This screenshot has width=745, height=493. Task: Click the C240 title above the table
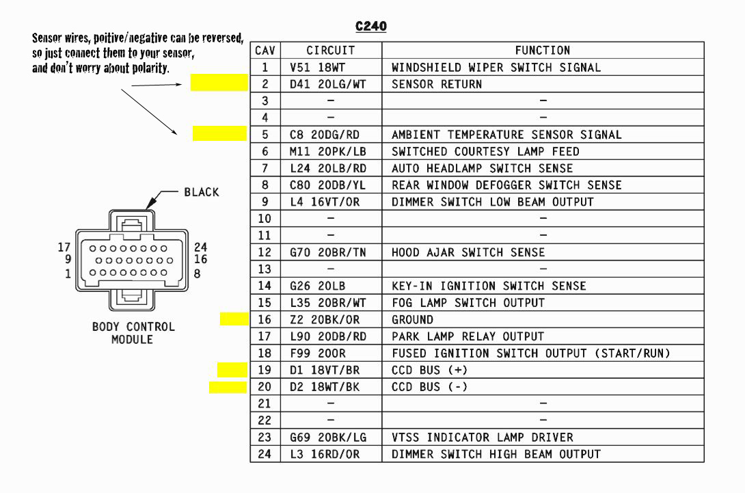coord(371,27)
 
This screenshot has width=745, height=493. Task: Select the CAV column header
coord(265,51)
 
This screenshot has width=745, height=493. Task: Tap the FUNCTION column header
coord(542,51)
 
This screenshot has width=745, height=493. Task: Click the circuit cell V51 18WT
coord(331,68)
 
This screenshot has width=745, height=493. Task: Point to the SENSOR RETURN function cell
coord(437,84)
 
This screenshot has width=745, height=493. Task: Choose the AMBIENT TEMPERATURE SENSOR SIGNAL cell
coord(506,135)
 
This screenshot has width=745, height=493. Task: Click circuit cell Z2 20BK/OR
coord(331,319)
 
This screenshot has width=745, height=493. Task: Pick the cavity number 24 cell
coord(265,454)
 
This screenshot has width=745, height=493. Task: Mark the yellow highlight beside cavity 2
coord(219,83)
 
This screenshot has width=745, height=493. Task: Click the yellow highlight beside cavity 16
coord(234,319)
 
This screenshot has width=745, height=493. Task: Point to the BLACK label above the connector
coord(202,192)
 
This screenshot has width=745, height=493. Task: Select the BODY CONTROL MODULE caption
coord(133,333)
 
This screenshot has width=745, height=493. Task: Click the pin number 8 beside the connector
coord(198,274)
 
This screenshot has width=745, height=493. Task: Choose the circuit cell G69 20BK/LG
coord(331,437)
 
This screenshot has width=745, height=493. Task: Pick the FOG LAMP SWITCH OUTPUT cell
coord(468,303)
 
